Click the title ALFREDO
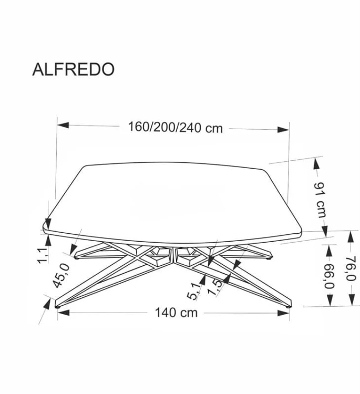click(x=73, y=70)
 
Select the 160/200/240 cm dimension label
click(x=175, y=128)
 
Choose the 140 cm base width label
click(x=176, y=313)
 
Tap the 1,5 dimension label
click(x=213, y=287)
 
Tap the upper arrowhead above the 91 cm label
click(x=317, y=163)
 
